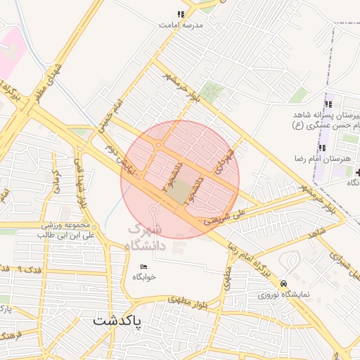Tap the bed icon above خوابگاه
144,266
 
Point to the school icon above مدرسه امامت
181,13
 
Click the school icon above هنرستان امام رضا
322,147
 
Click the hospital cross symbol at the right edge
358,172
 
